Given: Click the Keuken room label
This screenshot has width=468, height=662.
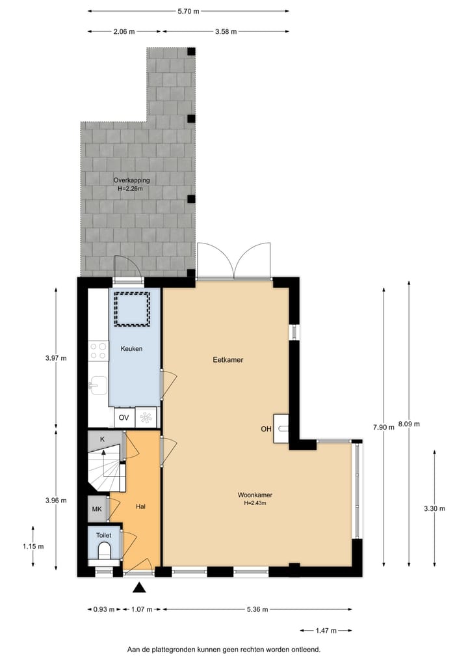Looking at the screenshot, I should (131, 349).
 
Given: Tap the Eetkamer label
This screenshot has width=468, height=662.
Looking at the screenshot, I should (228, 359).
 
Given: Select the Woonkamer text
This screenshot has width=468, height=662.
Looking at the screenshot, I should (255, 494).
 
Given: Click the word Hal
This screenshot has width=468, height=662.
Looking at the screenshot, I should (140, 506).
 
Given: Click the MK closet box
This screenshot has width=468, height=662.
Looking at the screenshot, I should (97, 509).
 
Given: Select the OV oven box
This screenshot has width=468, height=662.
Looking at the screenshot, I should (123, 417).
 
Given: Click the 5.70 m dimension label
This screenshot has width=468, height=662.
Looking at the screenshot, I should (188, 11).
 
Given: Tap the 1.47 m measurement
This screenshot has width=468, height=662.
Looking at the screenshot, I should (326, 631).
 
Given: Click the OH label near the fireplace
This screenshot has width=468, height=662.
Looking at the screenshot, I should (266, 429).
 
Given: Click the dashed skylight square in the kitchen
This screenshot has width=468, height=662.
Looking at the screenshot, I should (133, 309).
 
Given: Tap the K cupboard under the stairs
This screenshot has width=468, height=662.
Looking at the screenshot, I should (102, 439).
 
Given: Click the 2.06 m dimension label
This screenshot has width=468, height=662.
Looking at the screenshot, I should (124, 31).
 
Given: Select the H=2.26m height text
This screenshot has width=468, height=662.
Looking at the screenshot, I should (130, 189).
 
